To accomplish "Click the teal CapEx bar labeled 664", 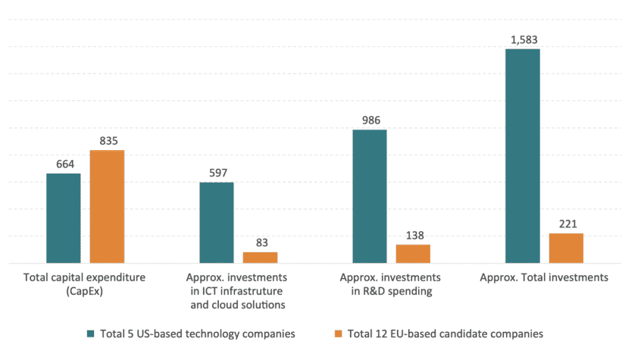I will click(64, 218).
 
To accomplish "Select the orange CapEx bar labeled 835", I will click(107, 206).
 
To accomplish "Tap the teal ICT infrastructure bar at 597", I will click(217, 222).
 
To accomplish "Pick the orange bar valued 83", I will click(260, 257).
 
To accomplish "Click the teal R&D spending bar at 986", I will click(370, 196).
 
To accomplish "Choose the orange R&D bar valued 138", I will click(413, 253).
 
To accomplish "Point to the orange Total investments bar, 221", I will click(566, 248).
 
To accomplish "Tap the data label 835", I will click(108, 140).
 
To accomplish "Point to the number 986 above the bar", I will click(370, 120).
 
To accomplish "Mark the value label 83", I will click(260, 242).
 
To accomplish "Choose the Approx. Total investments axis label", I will click(544, 277).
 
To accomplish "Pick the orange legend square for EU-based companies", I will click(339, 333).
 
